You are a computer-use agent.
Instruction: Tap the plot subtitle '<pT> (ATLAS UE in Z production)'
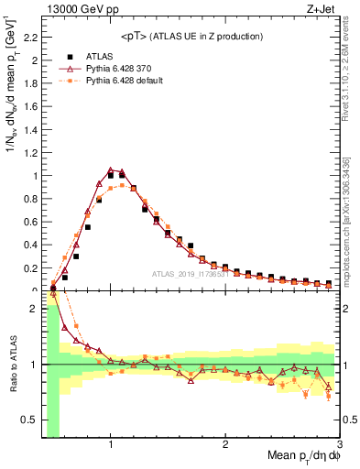(191, 37)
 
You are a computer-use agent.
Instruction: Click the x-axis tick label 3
(339, 444)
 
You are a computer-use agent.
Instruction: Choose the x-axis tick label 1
(110, 444)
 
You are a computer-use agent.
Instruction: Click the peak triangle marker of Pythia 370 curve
(110, 169)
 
